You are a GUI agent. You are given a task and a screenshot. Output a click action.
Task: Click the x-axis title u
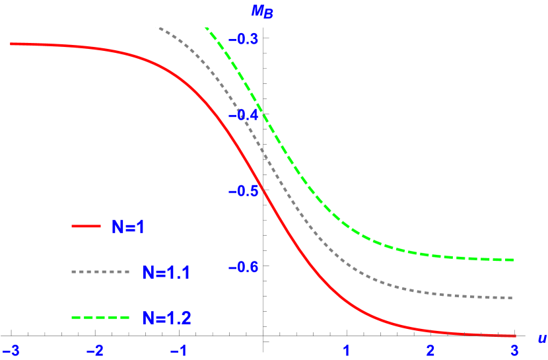coord(541,338)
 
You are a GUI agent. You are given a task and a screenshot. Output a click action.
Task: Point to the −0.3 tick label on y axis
coord(242,38)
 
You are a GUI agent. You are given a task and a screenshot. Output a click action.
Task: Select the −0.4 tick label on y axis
coord(242,114)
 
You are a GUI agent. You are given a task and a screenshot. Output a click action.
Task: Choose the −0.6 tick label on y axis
coord(242,266)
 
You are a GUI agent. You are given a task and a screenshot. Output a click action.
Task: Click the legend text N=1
coord(128,227)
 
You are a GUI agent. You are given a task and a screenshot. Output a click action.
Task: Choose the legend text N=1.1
coord(166,271)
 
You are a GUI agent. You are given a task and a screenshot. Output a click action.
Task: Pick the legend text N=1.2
coord(167,318)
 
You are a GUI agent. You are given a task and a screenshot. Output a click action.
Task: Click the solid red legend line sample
coord(86,227)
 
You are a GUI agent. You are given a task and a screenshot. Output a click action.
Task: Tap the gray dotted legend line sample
coord(101,271)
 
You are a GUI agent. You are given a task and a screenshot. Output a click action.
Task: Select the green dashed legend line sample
coord(101,318)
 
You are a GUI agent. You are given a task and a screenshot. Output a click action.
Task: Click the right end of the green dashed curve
coord(513,260)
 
